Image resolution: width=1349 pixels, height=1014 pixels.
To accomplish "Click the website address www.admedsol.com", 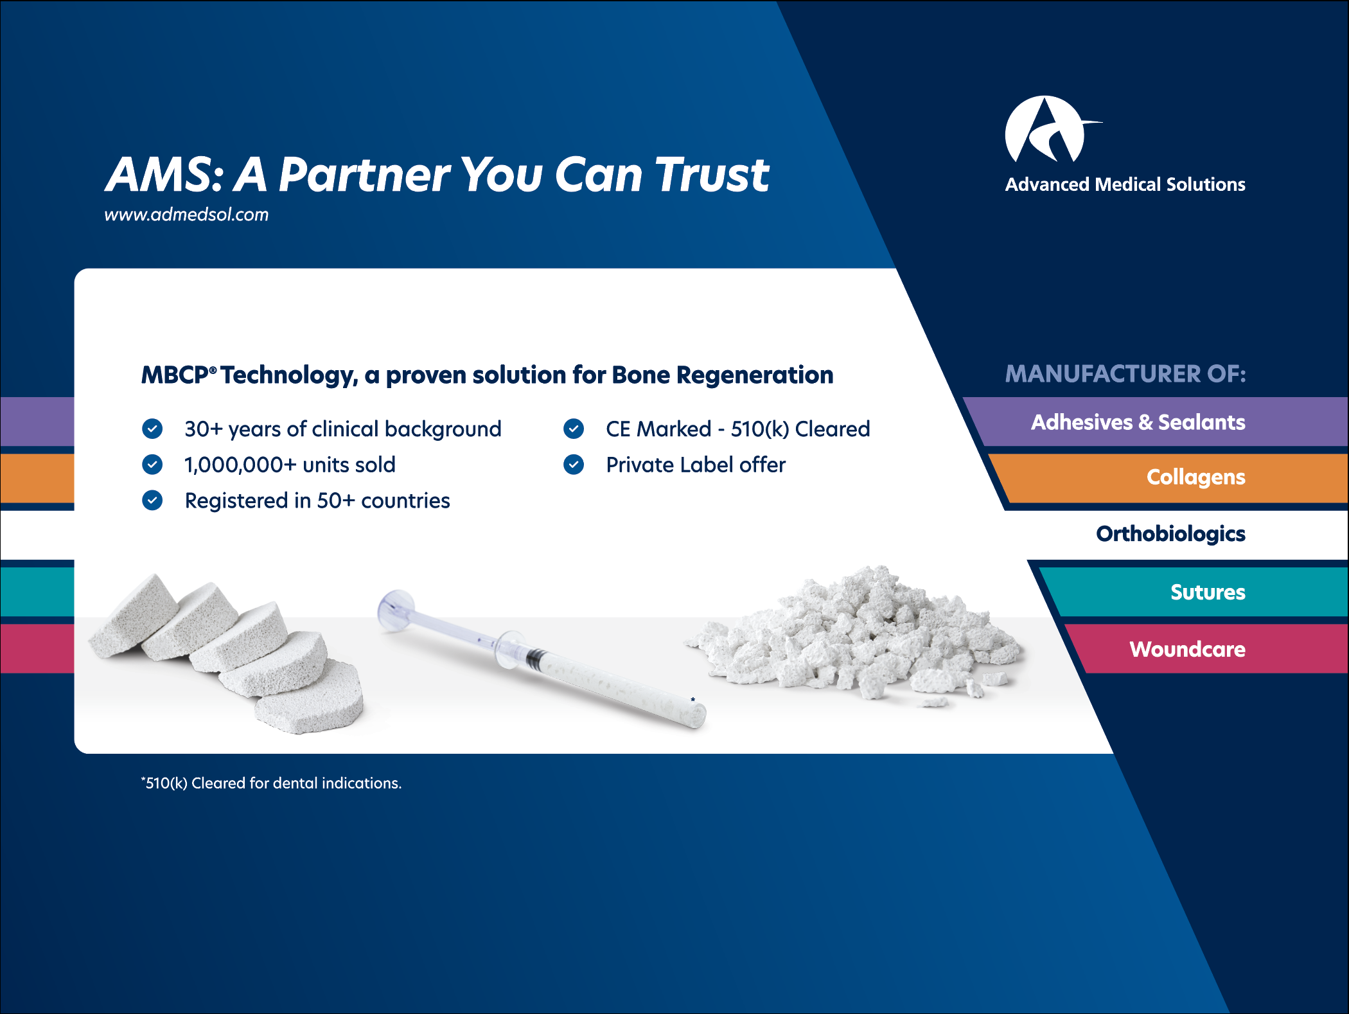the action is pos(186,215).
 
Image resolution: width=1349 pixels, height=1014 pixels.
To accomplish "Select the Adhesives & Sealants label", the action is pos(1138,422).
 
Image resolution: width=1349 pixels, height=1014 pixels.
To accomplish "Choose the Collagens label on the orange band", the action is pos(1196,477).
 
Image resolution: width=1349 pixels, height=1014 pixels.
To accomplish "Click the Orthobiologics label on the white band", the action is pos(1170,533).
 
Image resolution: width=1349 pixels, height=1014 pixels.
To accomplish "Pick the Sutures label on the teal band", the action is pos(1208,592).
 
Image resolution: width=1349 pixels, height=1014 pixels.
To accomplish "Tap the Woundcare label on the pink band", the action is pos(1187,649).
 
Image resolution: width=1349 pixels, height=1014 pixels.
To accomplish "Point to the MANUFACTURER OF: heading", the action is pos(1125,374).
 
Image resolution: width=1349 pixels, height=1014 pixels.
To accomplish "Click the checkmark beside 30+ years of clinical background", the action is pos(152,429).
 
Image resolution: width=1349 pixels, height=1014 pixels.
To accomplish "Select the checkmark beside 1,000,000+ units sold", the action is pos(152,464).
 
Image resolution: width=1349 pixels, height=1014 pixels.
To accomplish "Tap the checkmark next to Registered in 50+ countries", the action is pos(152,500).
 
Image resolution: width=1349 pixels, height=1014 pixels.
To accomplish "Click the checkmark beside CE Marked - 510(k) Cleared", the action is pos(574,429).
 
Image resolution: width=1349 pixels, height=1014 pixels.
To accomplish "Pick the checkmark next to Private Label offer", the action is pos(574,464).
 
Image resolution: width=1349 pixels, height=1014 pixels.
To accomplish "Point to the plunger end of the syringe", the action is pos(396,607).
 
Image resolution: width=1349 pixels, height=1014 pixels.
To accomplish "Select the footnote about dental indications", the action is pos(271,783).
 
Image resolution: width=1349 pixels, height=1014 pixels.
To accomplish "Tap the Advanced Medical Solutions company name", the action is pos(1125,184).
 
